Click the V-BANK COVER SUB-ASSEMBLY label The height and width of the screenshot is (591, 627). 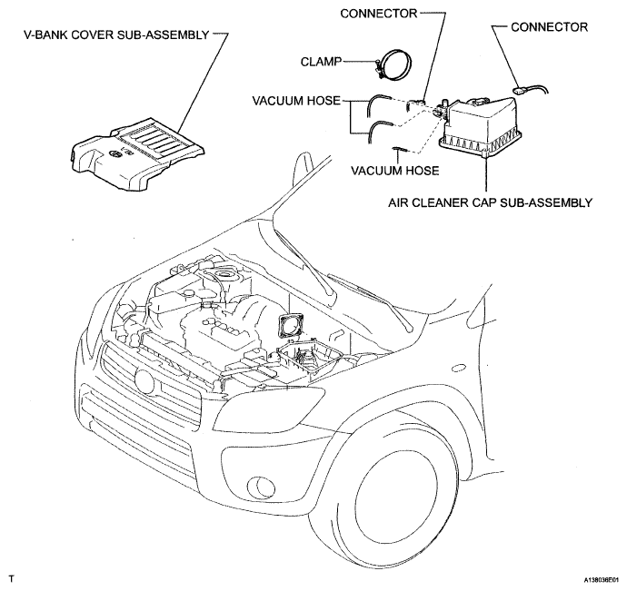tap(116, 37)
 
